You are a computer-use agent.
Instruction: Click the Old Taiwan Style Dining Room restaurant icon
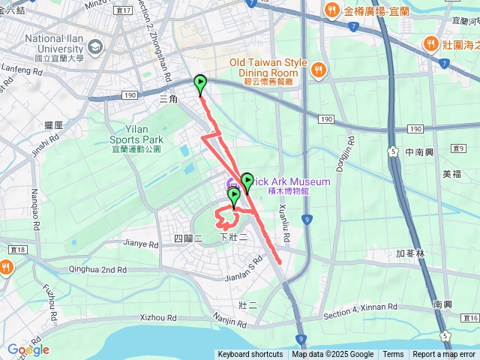coord(318,69)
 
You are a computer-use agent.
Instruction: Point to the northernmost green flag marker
coord(200,84)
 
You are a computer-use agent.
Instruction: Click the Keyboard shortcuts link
coord(250,355)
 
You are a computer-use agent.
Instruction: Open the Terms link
coord(393,355)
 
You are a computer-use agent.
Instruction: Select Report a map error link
coord(444,355)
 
